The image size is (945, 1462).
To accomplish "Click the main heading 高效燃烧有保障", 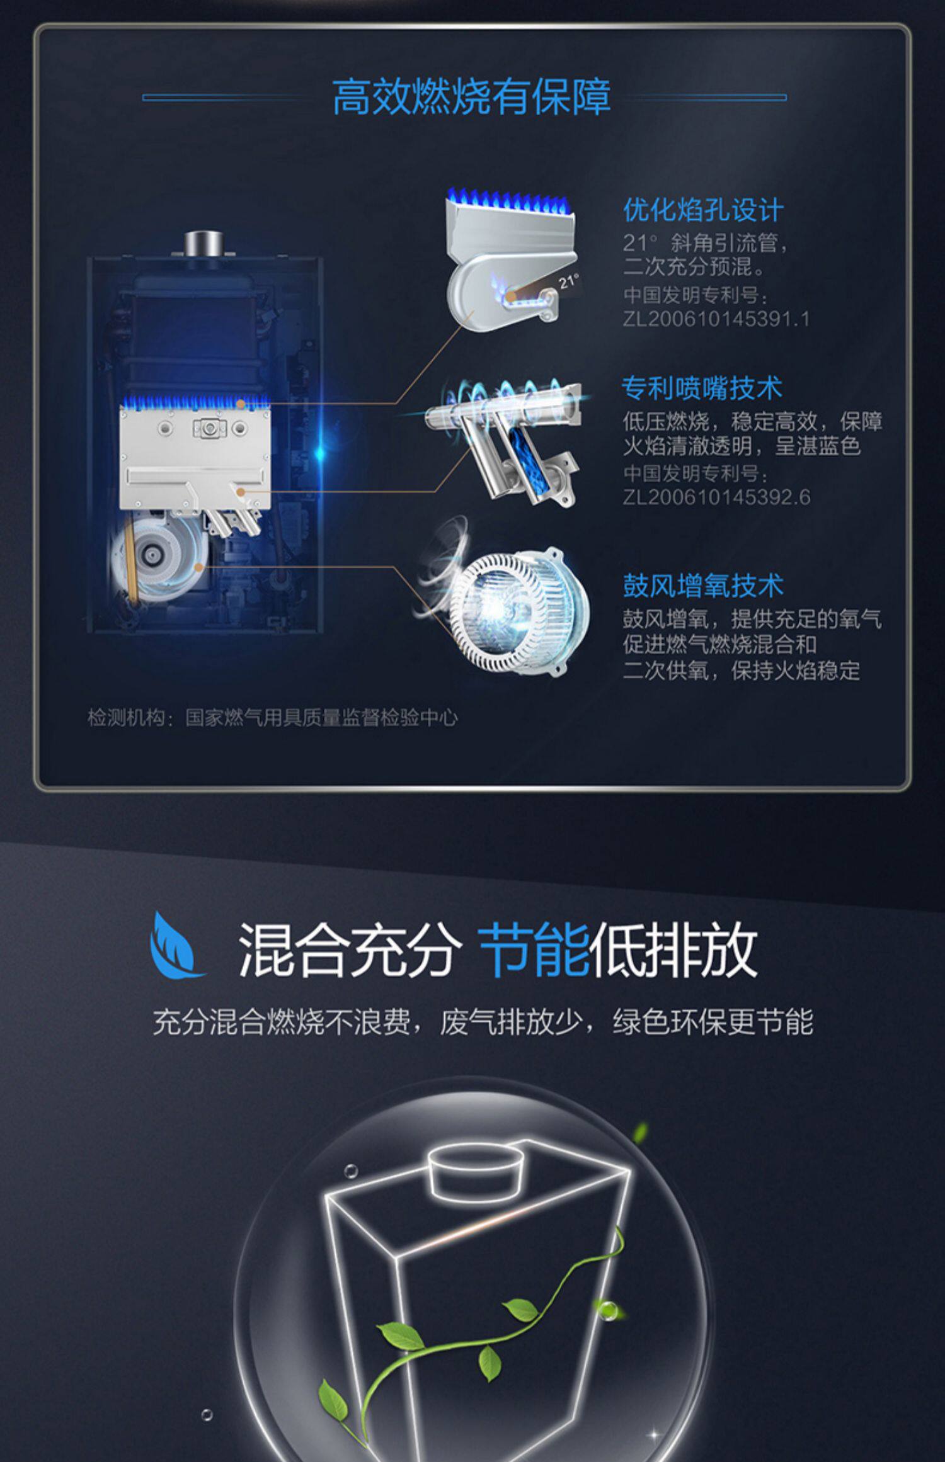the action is point(471,97).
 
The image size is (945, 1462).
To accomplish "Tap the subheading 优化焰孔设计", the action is point(703,210).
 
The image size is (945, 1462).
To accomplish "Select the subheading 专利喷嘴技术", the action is point(702,388).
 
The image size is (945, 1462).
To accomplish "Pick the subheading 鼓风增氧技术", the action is point(703,586).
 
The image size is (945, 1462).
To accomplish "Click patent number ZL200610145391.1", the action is point(716,319).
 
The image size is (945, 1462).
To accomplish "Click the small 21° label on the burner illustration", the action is point(568,281).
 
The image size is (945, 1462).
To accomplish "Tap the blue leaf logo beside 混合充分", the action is point(175,946).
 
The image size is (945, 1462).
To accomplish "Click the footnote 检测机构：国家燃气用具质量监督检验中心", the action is point(272,717).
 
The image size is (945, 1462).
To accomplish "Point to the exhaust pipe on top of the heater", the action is point(203,244).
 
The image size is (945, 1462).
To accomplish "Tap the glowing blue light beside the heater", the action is point(320,451).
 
